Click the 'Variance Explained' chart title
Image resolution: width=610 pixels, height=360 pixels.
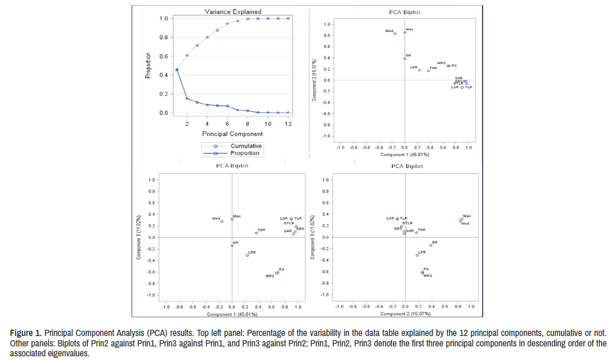(x=232, y=11)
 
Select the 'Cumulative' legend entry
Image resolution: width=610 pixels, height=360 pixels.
(x=246, y=146)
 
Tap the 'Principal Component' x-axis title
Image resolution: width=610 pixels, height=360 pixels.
(x=232, y=134)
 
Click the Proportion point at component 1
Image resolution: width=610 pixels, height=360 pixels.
(x=177, y=70)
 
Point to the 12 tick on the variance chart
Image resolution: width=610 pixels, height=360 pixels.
(x=288, y=123)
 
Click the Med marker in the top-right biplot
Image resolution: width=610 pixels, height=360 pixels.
(x=395, y=34)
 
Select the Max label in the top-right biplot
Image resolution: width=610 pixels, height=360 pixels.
(x=410, y=29)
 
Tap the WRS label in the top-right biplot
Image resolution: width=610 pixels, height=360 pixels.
(x=441, y=63)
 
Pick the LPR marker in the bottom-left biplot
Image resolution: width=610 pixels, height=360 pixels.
(x=247, y=255)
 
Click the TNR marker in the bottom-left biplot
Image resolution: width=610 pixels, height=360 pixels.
(x=256, y=233)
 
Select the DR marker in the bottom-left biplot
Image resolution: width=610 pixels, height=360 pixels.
(x=232, y=245)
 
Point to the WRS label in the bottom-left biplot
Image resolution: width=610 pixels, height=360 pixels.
(x=270, y=276)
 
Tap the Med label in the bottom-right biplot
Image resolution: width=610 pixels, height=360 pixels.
(x=465, y=224)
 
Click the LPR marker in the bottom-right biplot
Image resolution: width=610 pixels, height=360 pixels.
(x=417, y=255)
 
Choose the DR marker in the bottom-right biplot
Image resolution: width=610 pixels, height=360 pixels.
(x=430, y=245)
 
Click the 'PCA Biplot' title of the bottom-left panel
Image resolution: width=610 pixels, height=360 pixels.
(x=232, y=166)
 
